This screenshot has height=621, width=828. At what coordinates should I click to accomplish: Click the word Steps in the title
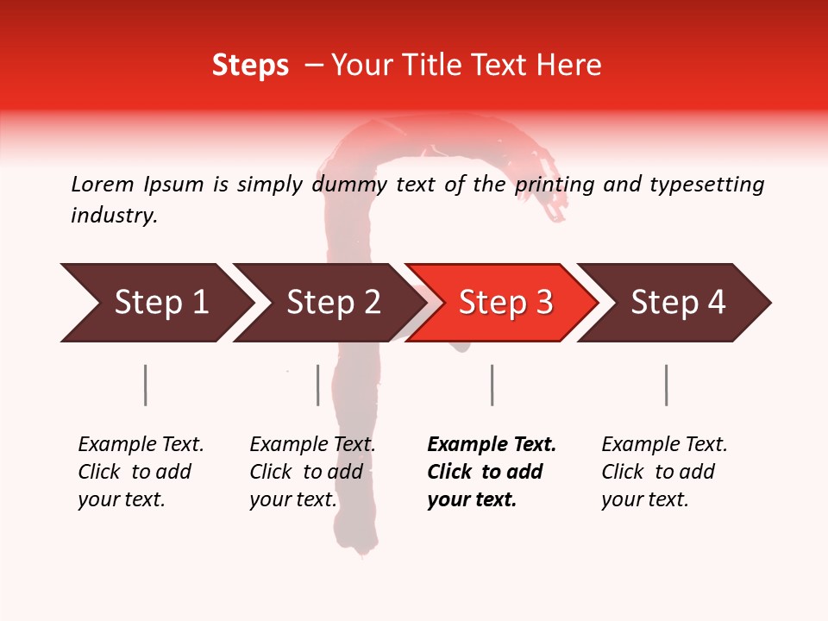250,66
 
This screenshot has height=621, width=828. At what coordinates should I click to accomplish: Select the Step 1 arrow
160,303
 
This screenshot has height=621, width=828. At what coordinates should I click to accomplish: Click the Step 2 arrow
333,303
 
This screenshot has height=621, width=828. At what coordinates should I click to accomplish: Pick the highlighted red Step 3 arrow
505,303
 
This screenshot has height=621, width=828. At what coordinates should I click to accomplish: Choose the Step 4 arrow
678,303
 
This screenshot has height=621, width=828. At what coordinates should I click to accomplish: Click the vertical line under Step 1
146,385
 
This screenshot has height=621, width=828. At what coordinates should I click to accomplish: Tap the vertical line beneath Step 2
318,385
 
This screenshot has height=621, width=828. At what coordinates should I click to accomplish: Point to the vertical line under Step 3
492,385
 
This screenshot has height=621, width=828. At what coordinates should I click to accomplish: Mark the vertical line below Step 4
666,385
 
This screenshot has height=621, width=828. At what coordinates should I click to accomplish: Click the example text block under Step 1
141,472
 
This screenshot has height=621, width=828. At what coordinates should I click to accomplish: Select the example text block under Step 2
312,472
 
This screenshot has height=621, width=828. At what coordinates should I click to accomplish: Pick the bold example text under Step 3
491,472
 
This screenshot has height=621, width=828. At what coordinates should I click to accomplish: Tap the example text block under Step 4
664,472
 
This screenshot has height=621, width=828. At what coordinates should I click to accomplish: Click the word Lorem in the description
103,185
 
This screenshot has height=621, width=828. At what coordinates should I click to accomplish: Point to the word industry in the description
114,216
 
